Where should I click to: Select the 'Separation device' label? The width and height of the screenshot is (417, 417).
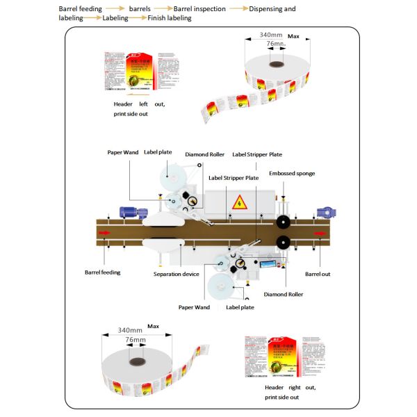177,274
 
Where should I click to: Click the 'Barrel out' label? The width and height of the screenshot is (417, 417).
318,274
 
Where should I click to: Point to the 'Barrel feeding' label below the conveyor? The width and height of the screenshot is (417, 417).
102,272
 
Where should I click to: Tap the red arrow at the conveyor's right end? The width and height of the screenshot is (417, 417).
319,232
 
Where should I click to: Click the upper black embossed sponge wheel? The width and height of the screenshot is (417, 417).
282,222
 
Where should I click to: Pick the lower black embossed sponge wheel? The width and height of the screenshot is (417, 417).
282,243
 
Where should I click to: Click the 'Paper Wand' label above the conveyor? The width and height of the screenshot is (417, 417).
122,152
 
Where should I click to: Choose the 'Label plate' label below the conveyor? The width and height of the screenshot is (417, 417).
240,306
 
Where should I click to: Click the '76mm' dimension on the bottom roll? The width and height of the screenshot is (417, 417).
135,340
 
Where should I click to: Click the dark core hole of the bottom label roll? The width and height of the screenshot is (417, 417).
134,362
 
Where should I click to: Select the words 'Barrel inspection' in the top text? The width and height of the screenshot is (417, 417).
199,9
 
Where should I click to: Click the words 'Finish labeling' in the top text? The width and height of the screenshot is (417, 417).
169,18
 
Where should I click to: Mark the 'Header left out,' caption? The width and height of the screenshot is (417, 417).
139,104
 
